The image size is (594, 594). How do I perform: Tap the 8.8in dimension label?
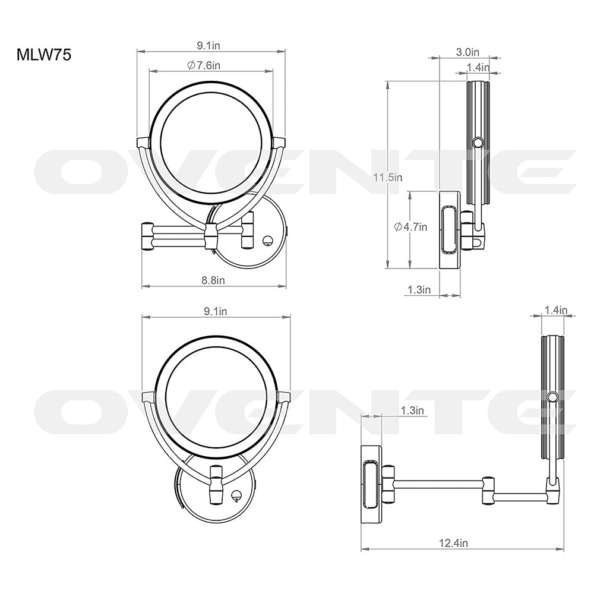click(213, 279)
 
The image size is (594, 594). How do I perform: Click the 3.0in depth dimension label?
click(469, 52)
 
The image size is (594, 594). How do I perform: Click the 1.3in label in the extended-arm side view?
click(412, 410)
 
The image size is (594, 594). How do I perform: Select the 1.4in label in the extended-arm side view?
click(556, 309)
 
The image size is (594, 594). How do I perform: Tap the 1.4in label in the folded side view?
click(478, 68)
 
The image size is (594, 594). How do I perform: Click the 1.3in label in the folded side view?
click(419, 289)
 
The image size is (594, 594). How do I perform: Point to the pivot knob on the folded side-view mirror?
click(477, 143)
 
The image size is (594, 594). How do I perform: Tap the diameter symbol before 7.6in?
click(191, 65)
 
